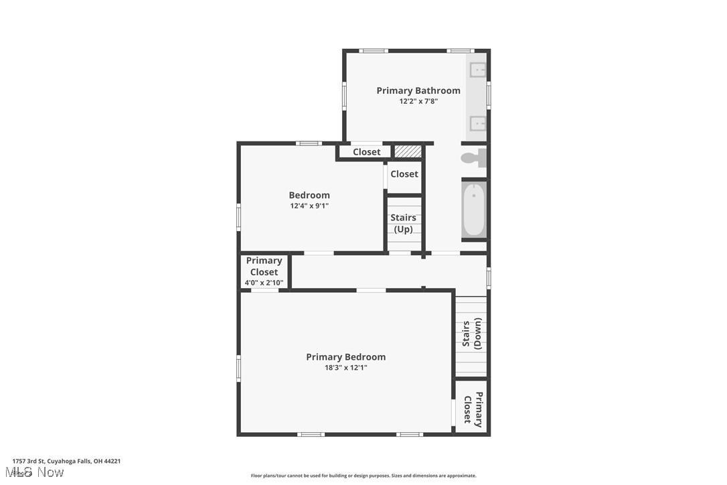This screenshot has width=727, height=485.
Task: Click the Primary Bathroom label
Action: tap(418, 90)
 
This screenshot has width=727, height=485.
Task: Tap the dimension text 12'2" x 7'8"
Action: tap(418, 102)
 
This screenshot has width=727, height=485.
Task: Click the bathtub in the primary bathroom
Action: tap(473, 210)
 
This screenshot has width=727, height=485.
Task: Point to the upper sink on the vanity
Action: tap(478, 70)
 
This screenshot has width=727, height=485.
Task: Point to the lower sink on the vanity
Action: tap(478, 122)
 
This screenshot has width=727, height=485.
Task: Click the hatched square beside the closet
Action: tap(408, 151)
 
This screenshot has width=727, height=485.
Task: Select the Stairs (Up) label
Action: tap(403, 223)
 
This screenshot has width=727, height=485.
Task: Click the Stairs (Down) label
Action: tap(471, 334)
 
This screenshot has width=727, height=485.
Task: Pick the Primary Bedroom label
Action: tap(345, 357)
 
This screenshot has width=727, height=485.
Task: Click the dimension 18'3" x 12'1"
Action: tap(345, 368)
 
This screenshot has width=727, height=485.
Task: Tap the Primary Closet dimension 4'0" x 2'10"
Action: tap(264, 283)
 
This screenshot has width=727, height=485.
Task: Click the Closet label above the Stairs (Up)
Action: tap(404, 174)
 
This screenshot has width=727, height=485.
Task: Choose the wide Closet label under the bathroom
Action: tap(366, 152)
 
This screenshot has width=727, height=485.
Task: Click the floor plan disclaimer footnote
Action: tap(363, 476)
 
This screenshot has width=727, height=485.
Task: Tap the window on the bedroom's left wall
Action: tap(238, 217)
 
